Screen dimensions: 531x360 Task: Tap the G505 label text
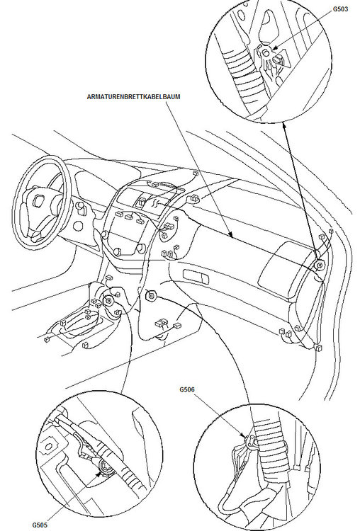pyautogui.click(x=41, y=525)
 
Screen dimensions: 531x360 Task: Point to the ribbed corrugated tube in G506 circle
pyautogui.click(x=276, y=453)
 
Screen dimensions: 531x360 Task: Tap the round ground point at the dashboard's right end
pyautogui.click(x=319, y=266)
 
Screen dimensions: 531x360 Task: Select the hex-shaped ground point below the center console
pyautogui.click(x=150, y=295)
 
